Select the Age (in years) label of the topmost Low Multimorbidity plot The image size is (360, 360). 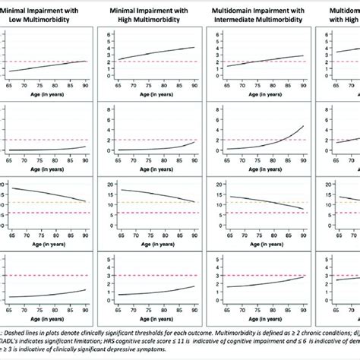tap(47, 88)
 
